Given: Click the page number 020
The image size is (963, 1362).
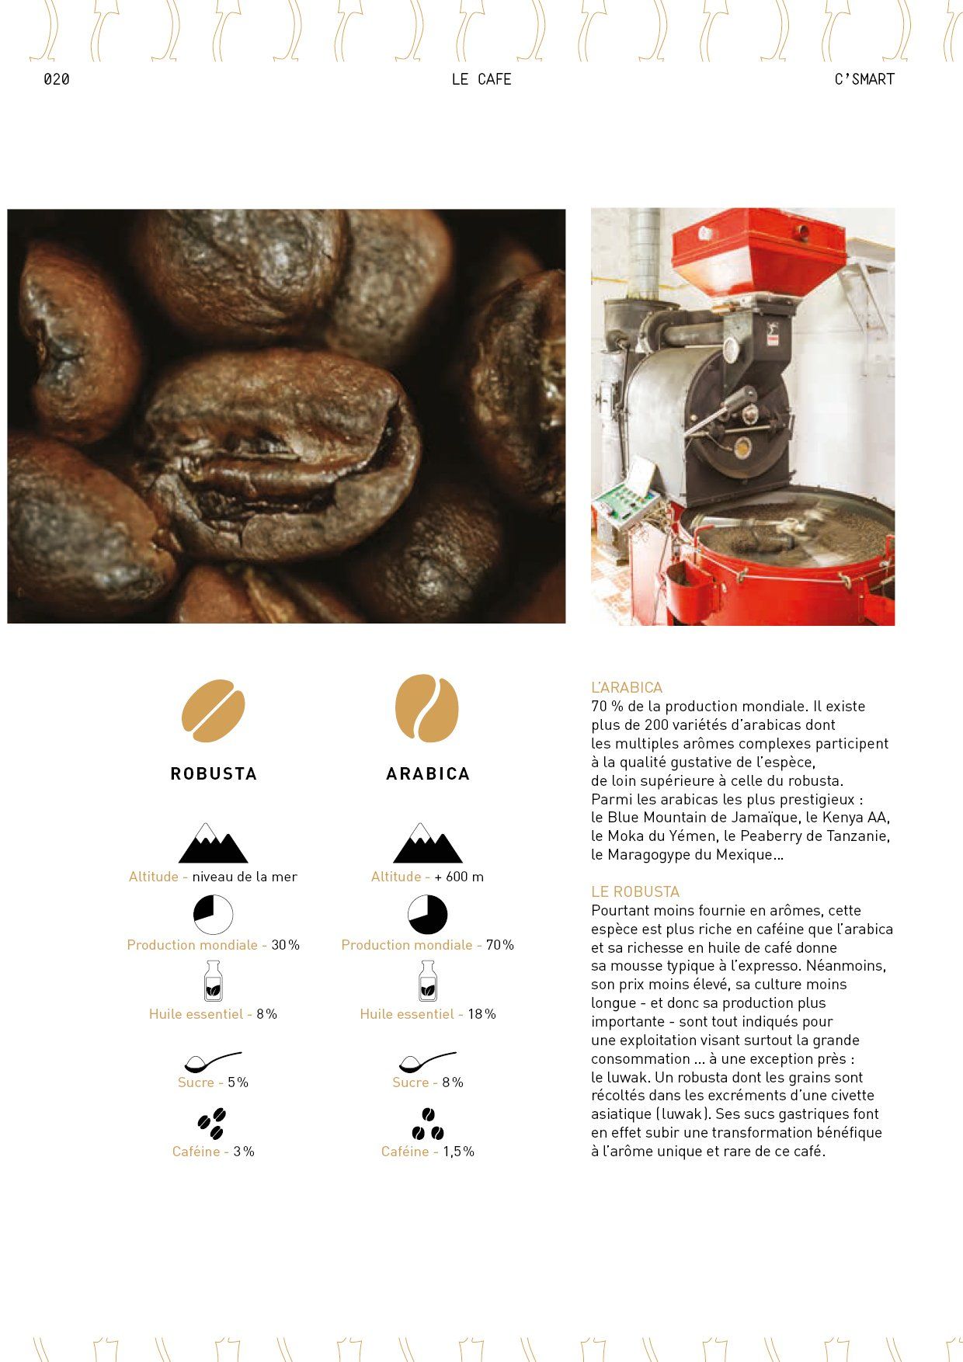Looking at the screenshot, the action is [57, 79].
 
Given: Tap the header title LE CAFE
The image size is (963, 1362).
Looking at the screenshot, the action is [481, 79].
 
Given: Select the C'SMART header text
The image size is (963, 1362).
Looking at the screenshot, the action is [864, 79].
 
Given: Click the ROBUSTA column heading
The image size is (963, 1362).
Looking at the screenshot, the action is [214, 773].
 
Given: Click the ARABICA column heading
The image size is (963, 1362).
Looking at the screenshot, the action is [428, 773].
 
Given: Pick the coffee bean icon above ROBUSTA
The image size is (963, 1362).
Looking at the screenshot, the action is [214, 711].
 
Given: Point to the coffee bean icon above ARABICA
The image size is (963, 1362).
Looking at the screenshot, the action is [427, 708].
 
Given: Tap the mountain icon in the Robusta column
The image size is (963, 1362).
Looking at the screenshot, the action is [214, 843].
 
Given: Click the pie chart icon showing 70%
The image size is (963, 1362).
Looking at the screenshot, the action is [428, 914].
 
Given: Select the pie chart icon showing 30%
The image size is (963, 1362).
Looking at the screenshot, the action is [214, 914].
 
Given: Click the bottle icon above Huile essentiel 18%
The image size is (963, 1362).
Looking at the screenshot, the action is [428, 981].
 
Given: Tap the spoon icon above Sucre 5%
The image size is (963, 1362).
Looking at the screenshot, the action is [212, 1061].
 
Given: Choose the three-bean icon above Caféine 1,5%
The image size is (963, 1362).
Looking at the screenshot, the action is [428, 1124].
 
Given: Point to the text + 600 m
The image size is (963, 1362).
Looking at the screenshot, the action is [459, 877].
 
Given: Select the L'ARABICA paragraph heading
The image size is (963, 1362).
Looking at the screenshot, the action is [627, 688].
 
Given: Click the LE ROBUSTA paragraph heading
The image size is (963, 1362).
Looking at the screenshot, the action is [635, 891].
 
